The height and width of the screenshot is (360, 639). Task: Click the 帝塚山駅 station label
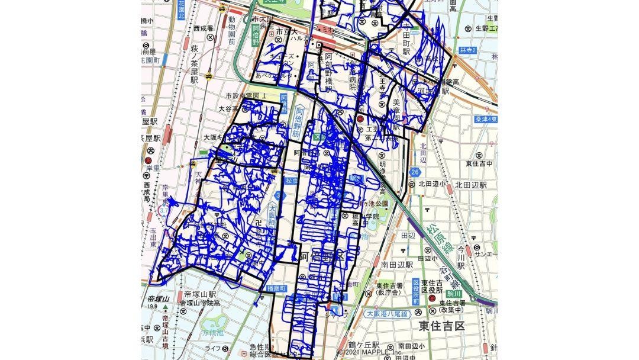tap(199, 294)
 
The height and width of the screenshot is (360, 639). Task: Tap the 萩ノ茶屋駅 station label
tap(193, 66)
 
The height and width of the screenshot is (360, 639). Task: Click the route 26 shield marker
tap(414, 172)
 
